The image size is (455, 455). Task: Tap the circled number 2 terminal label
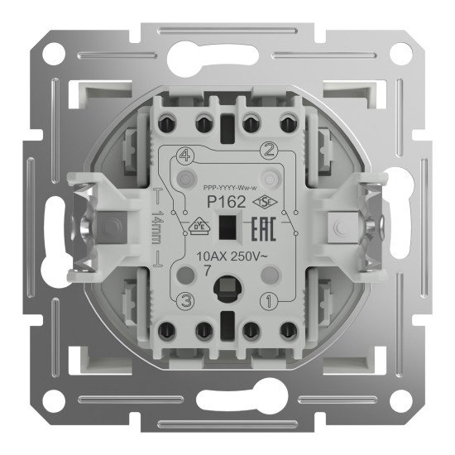coord(267,150)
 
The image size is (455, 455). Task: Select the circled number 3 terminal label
coord(186,301)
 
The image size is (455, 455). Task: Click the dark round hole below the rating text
coord(226,292)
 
